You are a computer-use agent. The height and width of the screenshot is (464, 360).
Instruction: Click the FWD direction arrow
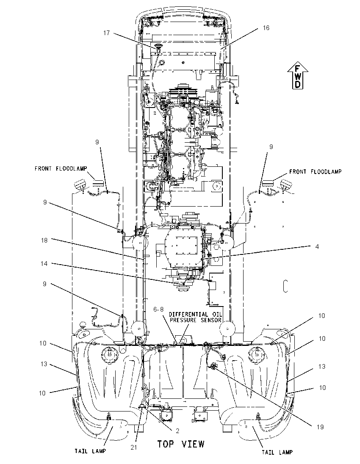click(x=298, y=75)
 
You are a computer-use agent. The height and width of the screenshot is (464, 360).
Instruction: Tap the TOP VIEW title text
click(x=180, y=444)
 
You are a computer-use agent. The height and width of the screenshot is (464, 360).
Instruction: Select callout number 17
click(x=106, y=33)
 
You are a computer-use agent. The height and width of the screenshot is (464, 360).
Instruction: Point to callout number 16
click(x=266, y=28)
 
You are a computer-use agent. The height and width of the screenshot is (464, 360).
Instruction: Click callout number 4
click(x=317, y=246)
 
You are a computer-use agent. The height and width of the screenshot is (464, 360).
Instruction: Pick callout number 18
click(x=44, y=240)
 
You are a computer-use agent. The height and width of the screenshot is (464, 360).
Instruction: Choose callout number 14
click(x=44, y=263)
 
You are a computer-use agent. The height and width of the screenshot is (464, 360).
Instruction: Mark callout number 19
click(x=320, y=427)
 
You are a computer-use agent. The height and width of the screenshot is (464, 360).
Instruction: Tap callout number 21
click(x=134, y=447)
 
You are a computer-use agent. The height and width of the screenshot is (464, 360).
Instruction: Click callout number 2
click(x=177, y=431)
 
